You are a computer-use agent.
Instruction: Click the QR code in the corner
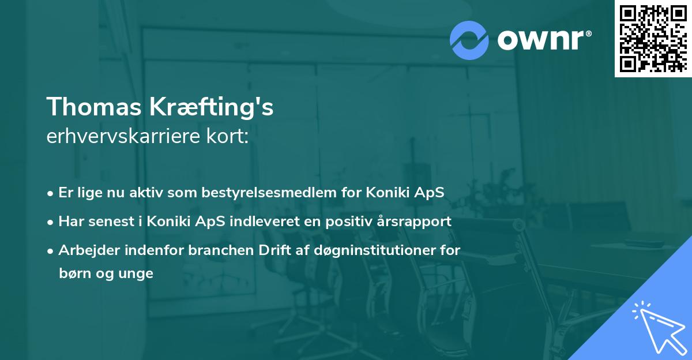[x=653, y=39]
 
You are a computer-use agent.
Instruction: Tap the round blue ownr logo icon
[x=469, y=40]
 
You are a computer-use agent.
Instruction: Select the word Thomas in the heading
[x=94, y=107]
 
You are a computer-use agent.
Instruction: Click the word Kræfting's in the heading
[x=212, y=107]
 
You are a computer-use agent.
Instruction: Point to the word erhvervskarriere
[x=123, y=136]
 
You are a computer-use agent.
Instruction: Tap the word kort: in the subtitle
[x=227, y=136]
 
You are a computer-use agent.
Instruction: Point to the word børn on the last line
[x=75, y=273]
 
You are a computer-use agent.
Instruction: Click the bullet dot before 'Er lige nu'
[x=50, y=194]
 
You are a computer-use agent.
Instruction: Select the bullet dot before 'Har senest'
[x=50, y=223]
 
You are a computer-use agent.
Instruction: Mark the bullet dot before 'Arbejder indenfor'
[x=50, y=251]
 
